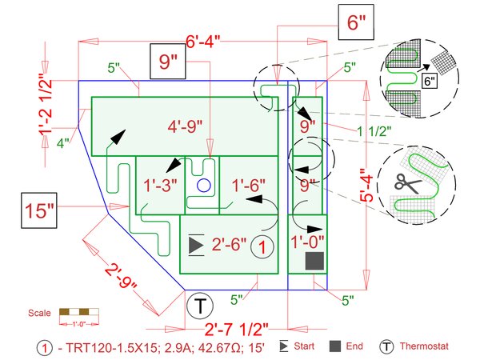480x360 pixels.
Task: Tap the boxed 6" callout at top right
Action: (356, 22)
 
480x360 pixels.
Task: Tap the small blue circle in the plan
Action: (203, 186)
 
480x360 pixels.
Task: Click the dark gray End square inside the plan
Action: (314, 260)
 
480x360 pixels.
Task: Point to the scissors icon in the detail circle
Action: (410, 183)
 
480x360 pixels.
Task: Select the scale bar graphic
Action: (78, 313)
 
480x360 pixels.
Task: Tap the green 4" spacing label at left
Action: (63, 143)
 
